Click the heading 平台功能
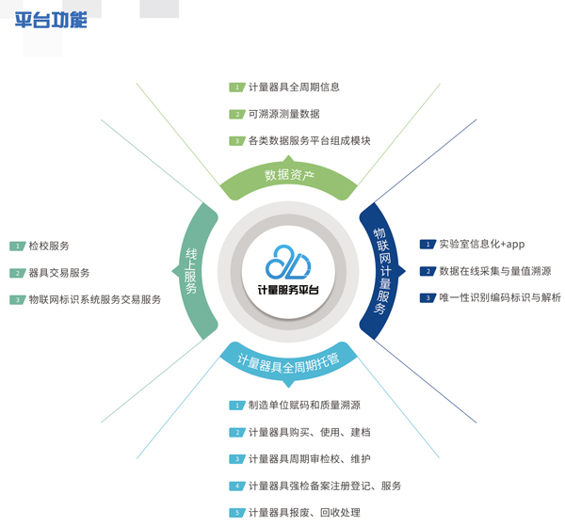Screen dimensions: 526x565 [51, 19]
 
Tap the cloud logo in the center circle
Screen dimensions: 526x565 [286, 262]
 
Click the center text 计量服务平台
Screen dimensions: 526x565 [287, 290]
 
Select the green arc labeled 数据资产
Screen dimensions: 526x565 [289, 175]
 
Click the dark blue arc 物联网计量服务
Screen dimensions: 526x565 [381, 269]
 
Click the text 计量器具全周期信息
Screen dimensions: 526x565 [294, 88]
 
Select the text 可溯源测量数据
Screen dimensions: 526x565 [283, 114]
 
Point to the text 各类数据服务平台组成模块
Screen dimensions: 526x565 [309, 141]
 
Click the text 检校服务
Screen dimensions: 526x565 [49, 246]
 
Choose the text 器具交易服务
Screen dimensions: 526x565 [59, 273]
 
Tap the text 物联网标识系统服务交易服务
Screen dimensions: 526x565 [94, 299]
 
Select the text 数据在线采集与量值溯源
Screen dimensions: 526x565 [494, 271]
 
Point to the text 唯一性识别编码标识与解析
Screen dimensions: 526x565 [500, 298]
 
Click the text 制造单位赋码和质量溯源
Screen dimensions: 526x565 [304, 406]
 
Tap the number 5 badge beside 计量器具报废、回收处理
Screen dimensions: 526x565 [237, 513]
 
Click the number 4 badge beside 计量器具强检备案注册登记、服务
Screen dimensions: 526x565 [237, 486]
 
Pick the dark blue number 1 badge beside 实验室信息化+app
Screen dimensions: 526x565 [428, 245]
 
